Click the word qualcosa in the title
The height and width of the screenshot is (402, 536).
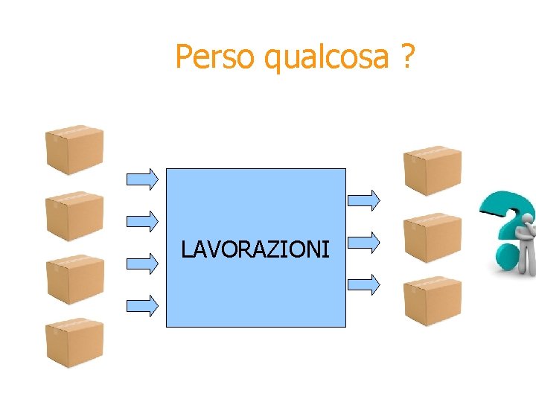pyautogui.click(x=327, y=58)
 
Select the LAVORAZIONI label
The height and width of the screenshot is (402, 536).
pyautogui.click(x=255, y=249)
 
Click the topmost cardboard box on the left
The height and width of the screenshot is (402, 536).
pyautogui.click(x=74, y=150)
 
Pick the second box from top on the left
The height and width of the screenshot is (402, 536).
pyautogui.click(x=74, y=216)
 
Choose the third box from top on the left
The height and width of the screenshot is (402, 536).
pyautogui.click(x=74, y=279)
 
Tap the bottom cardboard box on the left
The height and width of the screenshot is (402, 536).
pyautogui.click(x=74, y=343)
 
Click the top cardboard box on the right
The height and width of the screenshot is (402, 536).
pyautogui.click(x=432, y=170)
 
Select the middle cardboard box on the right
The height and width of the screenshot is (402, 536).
pyautogui.click(x=432, y=237)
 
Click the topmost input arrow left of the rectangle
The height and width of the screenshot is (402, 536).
pyautogui.click(x=143, y=178)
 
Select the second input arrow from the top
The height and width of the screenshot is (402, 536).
pyautogui.click(x=143, y=220)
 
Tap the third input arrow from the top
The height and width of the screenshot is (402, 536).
pyautogui.click(x=143, y=262)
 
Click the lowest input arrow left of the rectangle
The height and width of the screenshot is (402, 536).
pyautogui.click(x=143, y=304)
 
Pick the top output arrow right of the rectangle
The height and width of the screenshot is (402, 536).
pyautogui.click(x=365, y=199)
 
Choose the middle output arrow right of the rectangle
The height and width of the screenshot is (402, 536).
pyautogui.click(x=365, y=240)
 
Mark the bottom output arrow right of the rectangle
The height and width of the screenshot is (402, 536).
pyautogui.click(x=365, y=283)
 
